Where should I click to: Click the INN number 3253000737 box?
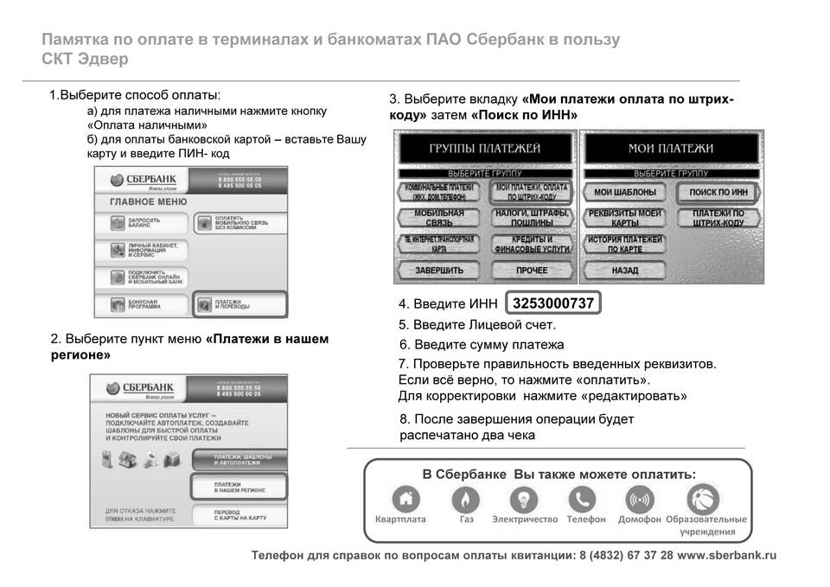coord(553,303)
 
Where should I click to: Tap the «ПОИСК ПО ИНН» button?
coord(718,192)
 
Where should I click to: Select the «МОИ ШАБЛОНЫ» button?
coord(625,192)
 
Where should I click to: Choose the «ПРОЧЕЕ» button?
coord(531,270)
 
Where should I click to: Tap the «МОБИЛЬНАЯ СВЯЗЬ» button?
coord(440,218)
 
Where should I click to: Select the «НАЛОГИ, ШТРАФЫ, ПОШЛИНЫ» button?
coord(531,218)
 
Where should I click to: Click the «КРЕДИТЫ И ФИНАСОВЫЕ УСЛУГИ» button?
coord(531,244)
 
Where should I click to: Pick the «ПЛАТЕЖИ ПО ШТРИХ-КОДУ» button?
coord(718,218)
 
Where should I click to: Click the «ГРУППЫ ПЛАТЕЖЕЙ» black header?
coord(484,149)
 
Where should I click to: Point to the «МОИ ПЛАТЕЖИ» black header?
coord(671,149)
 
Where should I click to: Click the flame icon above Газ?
coord(465,500)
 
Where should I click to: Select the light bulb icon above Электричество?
coord(524,500)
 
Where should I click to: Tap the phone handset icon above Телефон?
coord(582,500)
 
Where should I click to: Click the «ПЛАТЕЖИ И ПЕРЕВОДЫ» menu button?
coord(239,304)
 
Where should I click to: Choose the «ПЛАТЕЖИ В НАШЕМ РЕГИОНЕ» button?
coord(238,486)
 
